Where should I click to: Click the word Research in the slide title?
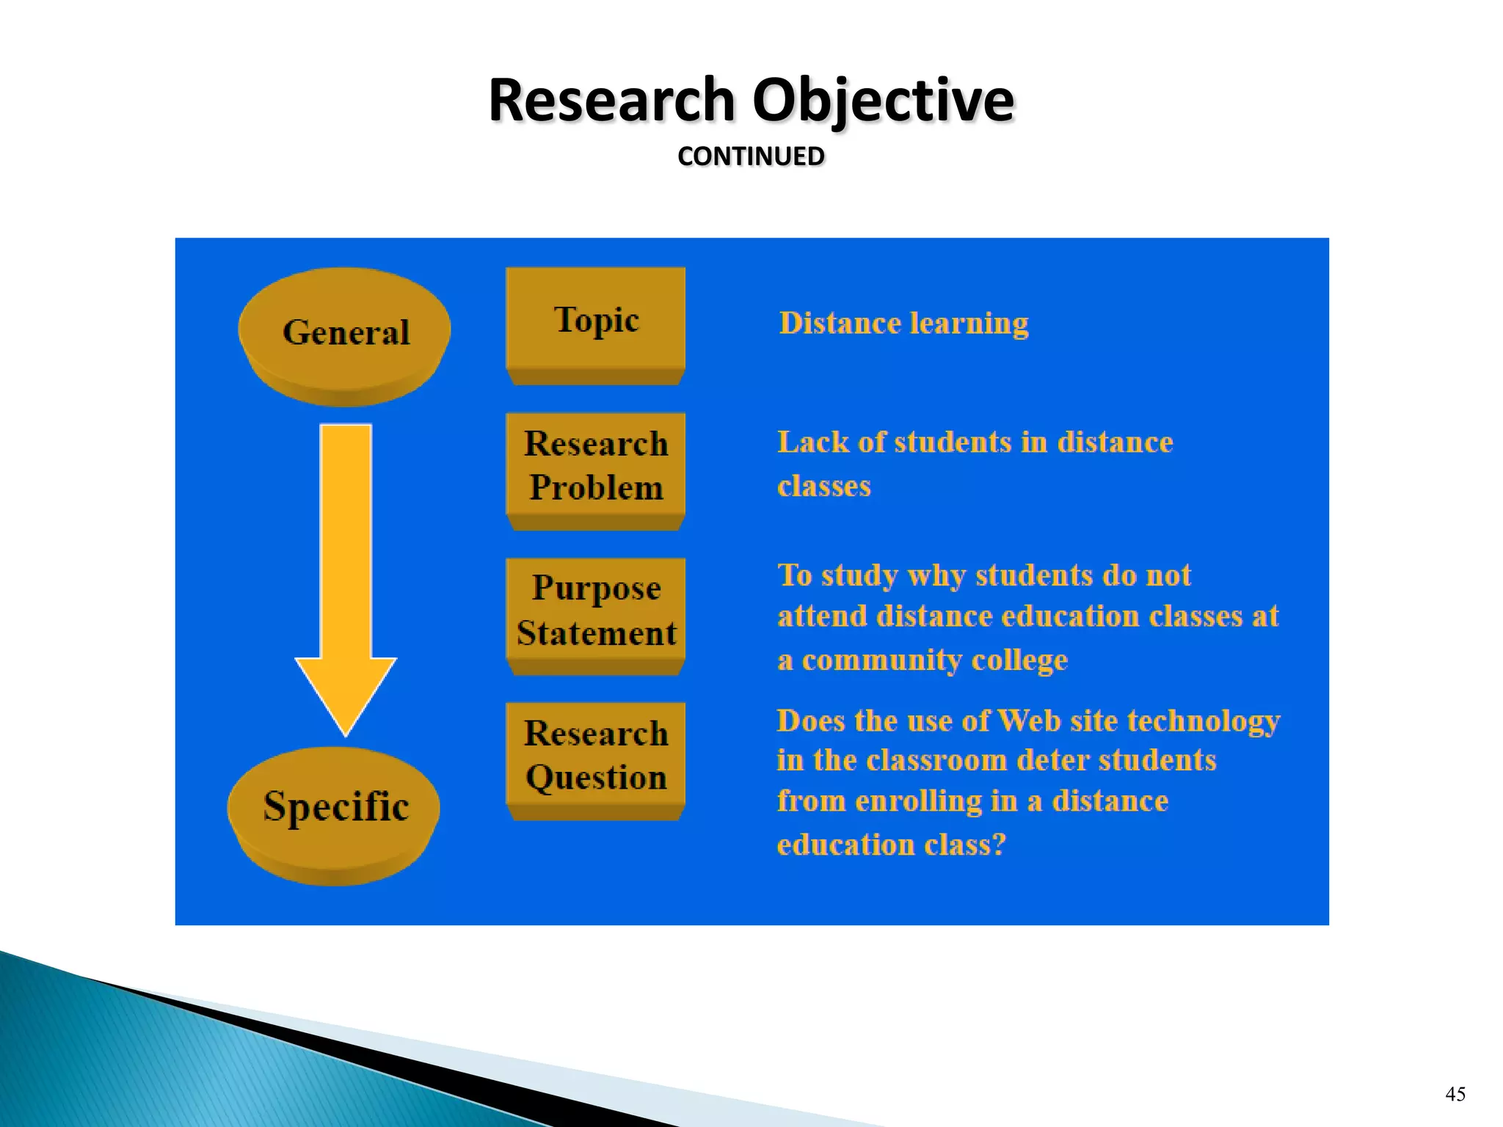611,101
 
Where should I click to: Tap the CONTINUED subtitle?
751,156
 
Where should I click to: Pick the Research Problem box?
596,465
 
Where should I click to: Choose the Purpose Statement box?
596,610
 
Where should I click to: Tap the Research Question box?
596,755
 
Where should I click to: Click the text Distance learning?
903,324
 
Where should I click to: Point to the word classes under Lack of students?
823,486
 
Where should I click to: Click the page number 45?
1455,1094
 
